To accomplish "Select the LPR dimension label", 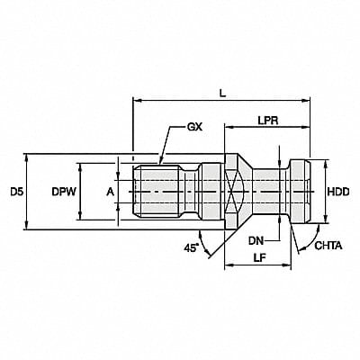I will coord(266,120).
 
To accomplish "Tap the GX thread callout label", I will coord(193,128).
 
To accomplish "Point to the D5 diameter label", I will coord(16,192).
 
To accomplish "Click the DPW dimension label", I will coord(62,192).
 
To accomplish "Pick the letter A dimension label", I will coord(111,192).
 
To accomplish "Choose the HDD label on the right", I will coord(337,192).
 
